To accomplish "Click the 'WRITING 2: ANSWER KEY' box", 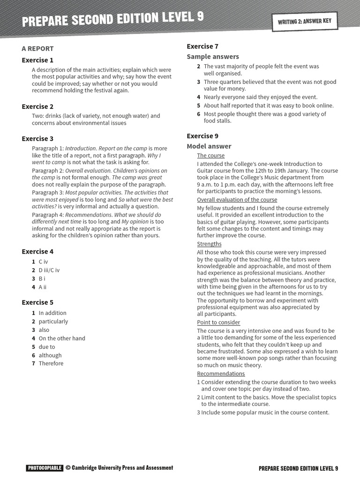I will pos(305,22).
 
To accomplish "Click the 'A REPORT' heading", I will pos(37,48).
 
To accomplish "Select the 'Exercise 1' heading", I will pos(37,60).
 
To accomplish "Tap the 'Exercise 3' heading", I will pos(37,138).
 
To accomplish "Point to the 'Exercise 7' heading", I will pos(202,46).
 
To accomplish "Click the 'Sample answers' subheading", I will pos(213,56).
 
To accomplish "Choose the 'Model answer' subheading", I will pos(209,146).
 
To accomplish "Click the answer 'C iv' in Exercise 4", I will pos(43,262).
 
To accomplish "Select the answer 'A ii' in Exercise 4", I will pos(43,287).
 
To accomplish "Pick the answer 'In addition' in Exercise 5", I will pos(52,313).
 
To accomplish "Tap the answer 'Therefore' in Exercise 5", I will pos(51,363).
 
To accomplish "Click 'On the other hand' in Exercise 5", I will pos(62,338).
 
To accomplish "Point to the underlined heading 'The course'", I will pos(210,156).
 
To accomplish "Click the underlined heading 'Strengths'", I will pos(209,244).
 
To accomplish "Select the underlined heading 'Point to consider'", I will pos(218,322).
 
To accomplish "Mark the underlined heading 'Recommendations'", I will pos(221,374).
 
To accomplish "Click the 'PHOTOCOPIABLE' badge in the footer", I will pos(45,468).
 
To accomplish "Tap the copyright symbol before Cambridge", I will pos(68,468).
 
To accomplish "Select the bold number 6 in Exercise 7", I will pos(199,114).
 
